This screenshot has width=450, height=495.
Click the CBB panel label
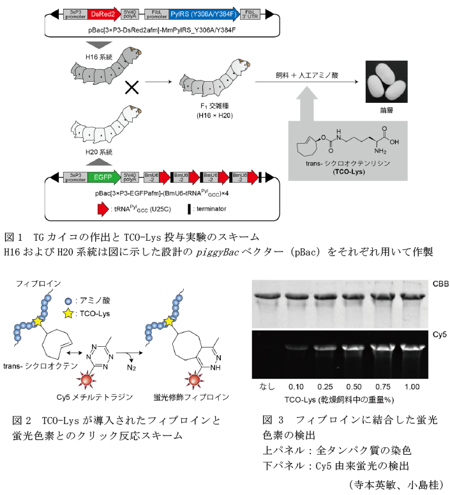(x=440, y=284)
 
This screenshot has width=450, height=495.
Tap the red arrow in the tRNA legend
(x=102, y=209)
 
